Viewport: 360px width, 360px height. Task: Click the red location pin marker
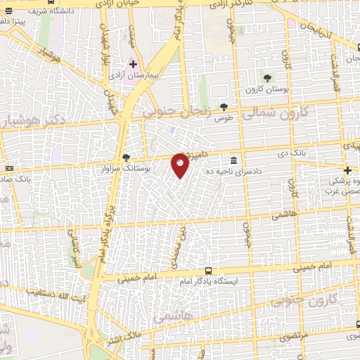[x=180, y=165]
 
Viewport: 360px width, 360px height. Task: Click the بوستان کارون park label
[x=265, y=89]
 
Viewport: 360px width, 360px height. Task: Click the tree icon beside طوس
[x=224, y=108]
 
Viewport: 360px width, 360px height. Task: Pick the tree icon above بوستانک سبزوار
[x=126, y=157]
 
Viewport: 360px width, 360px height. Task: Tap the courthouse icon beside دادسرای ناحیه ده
[x=233, y=158]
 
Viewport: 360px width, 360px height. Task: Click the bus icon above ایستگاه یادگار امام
[x=208, y=271]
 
